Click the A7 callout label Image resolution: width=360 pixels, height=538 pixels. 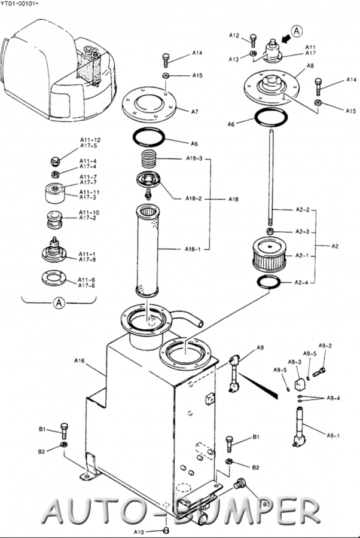click(x=194, y=112)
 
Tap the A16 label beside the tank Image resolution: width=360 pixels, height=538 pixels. click(x=80, y=360)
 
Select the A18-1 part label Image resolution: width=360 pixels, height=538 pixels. click(x=193, y=249)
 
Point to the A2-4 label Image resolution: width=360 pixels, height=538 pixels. click(x=301, y=282)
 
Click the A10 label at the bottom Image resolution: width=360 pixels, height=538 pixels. click(x=139, y=532)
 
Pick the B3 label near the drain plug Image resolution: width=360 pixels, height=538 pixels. click(x=266, y=504)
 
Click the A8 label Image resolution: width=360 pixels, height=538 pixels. click(x=310, y=66)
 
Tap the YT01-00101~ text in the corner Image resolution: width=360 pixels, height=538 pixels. click(x=17, y=4)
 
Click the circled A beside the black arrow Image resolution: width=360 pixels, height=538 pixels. click(x=297, y=31)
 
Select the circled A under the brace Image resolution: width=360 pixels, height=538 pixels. click(x=59, y=303)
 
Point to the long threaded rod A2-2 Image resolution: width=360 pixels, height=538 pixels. click(x=271, y=178)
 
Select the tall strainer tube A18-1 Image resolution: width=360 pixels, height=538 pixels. click(x=148, y=251)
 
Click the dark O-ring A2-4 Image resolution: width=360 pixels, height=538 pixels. click(x=269, y=282)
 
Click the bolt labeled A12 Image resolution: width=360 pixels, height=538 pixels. click(x=254, y=41)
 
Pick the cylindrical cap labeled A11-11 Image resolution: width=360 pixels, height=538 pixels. click(x=55, y=193)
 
